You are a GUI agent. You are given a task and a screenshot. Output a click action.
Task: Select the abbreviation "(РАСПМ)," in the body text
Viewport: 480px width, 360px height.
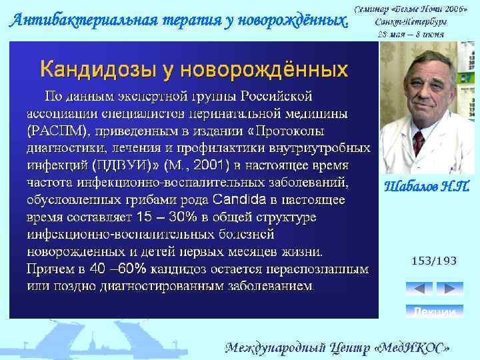tap(57, 129)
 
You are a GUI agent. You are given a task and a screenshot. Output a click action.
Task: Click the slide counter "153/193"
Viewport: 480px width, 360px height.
tap(434, 261)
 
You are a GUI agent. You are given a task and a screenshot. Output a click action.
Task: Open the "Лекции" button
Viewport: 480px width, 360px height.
tap(434, 312)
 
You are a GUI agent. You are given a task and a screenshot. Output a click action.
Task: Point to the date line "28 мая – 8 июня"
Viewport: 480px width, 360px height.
tap(412, 33)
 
